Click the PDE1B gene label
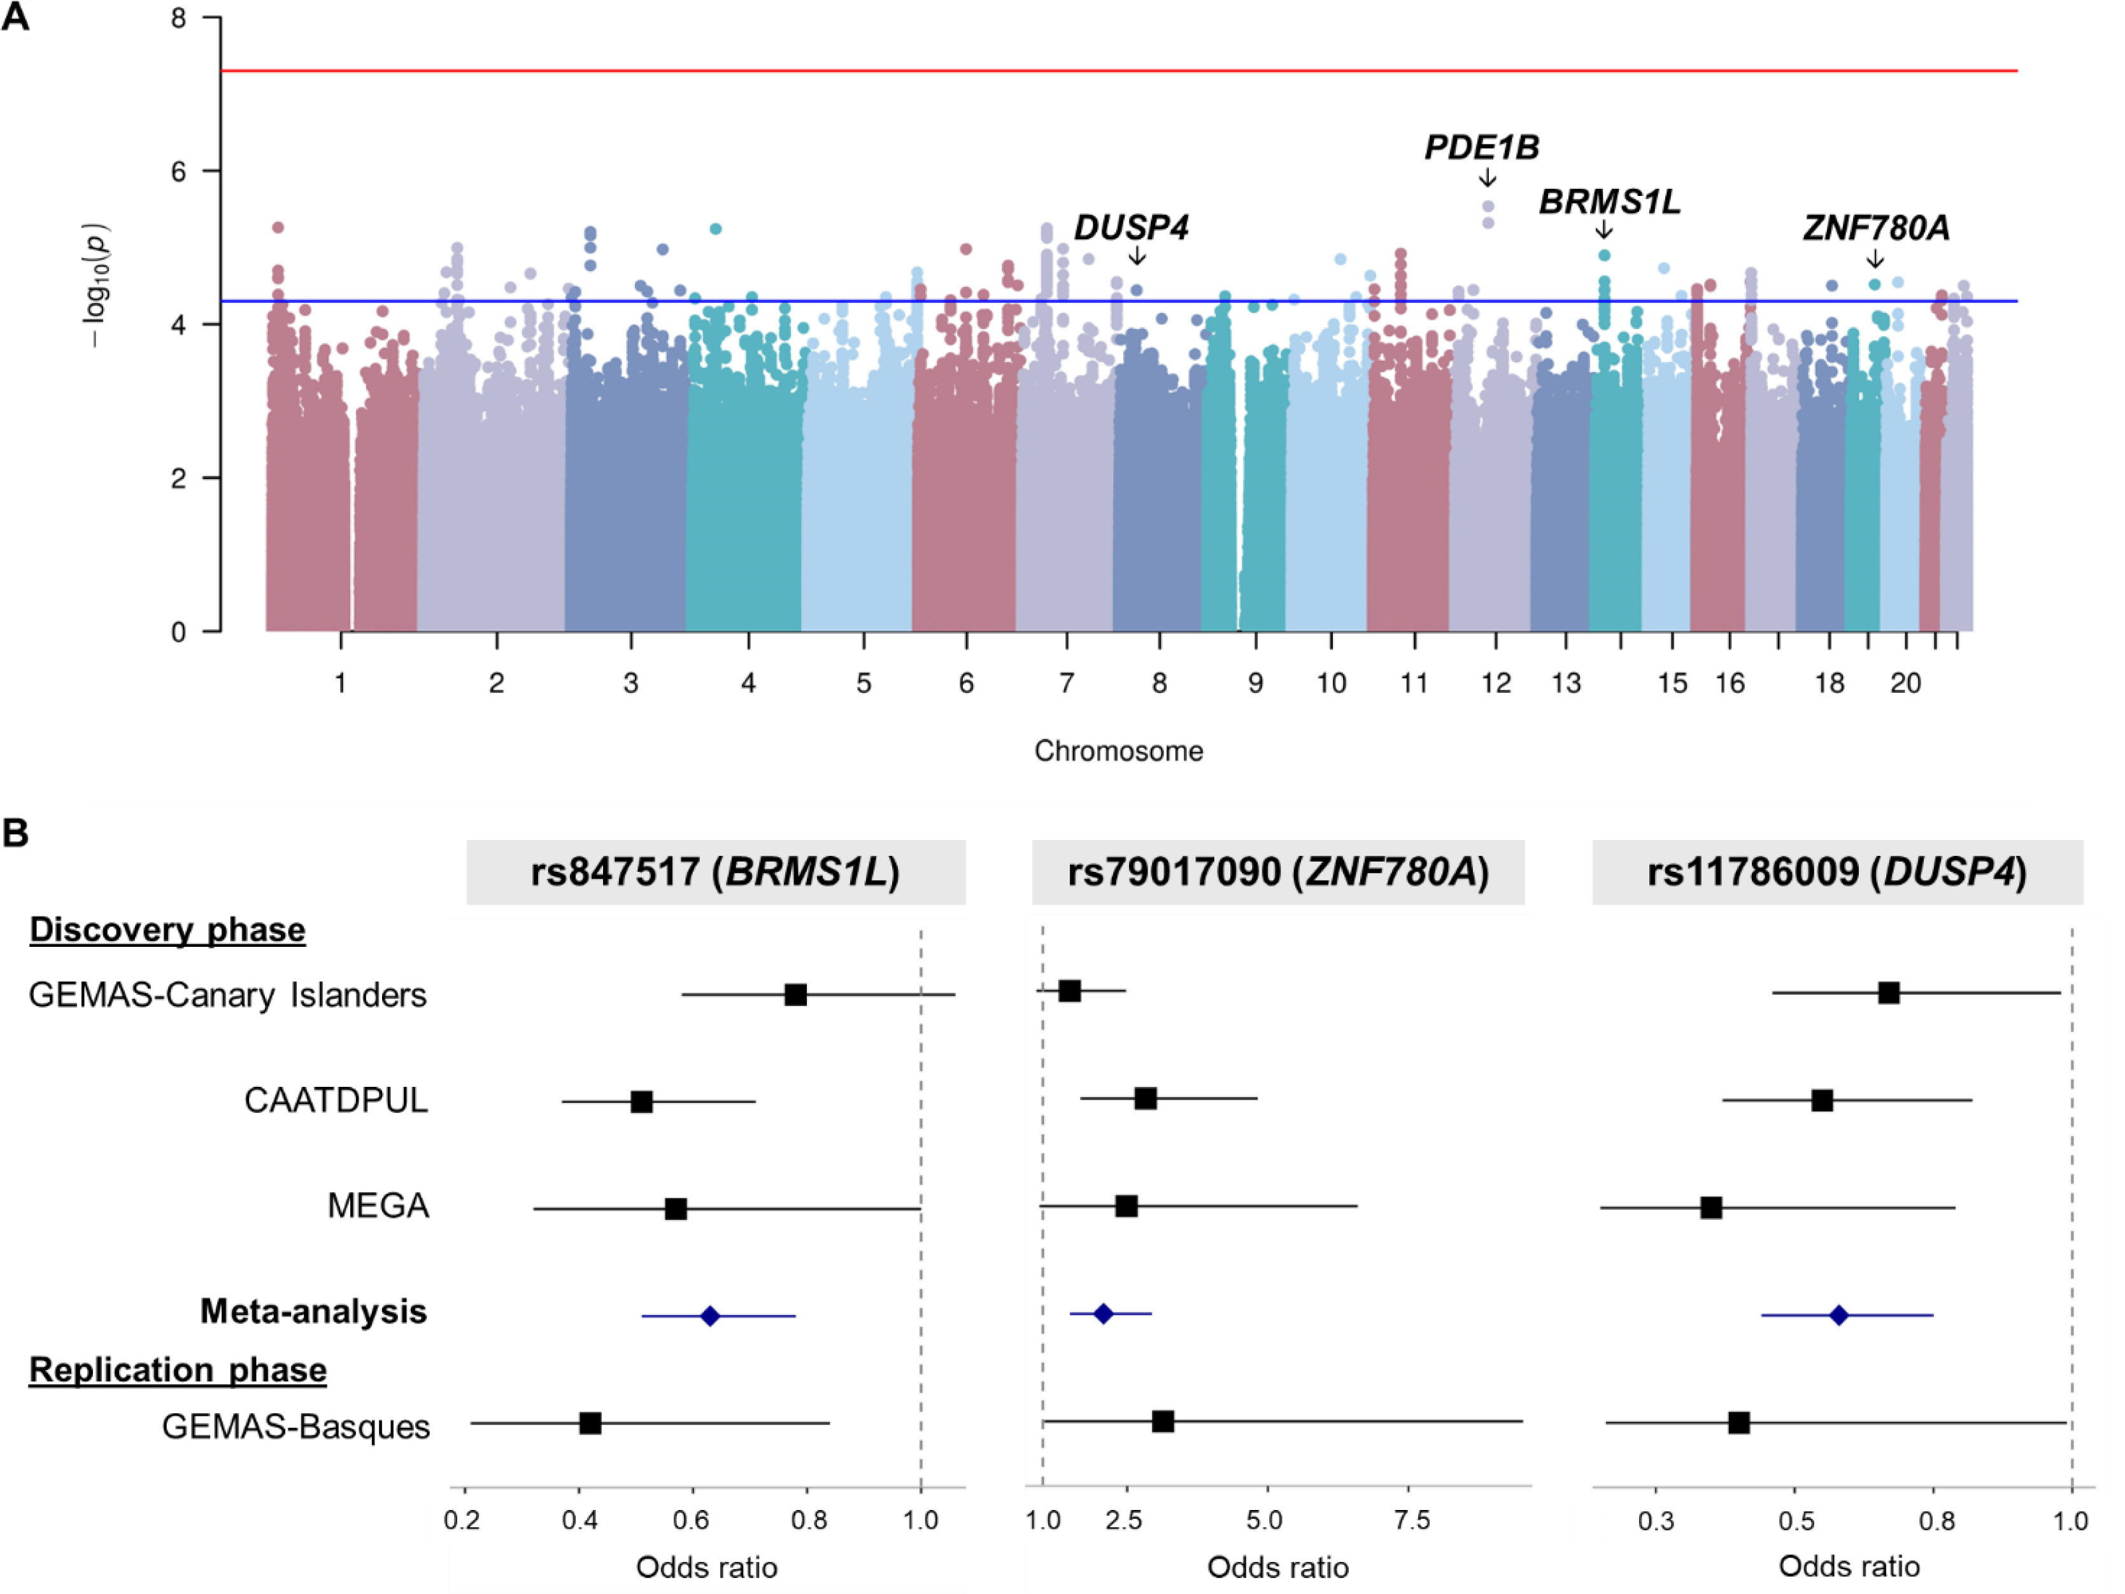1481,148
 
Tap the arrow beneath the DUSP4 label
1137,255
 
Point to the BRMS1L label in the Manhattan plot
1609,202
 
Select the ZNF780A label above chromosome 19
1875,228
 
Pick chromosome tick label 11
1413,683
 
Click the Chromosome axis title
1118,751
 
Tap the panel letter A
15,17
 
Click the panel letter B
15,832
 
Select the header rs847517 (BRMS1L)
716,872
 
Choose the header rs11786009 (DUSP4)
1837,872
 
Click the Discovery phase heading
167,930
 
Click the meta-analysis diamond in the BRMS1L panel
710,1315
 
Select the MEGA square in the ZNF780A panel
1126,1206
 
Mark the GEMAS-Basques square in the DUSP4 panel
1738,1423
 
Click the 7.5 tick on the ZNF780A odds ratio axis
1411,1520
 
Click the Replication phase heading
178,1369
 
